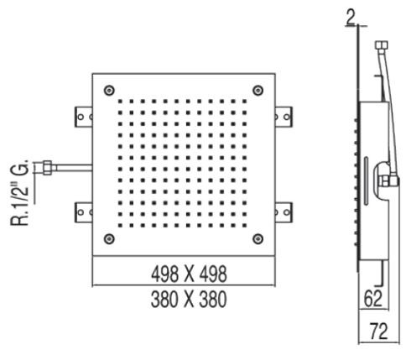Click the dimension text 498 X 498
[x=184, y=274]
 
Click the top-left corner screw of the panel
[x=108, y=91]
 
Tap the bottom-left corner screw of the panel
[x=108, y=240]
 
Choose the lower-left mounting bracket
[x=83, y=213]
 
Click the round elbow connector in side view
[x=387, y=179]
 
